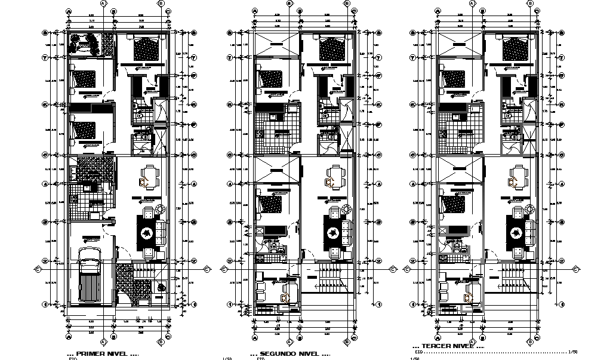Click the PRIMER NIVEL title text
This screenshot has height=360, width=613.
pos(103,354)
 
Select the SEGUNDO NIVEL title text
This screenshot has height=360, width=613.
pos(289,354)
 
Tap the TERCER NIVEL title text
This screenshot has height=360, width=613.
pos(448,346)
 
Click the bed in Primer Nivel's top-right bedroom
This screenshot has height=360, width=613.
pos(146,47)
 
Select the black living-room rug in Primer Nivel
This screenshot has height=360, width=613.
pos(146,232)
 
